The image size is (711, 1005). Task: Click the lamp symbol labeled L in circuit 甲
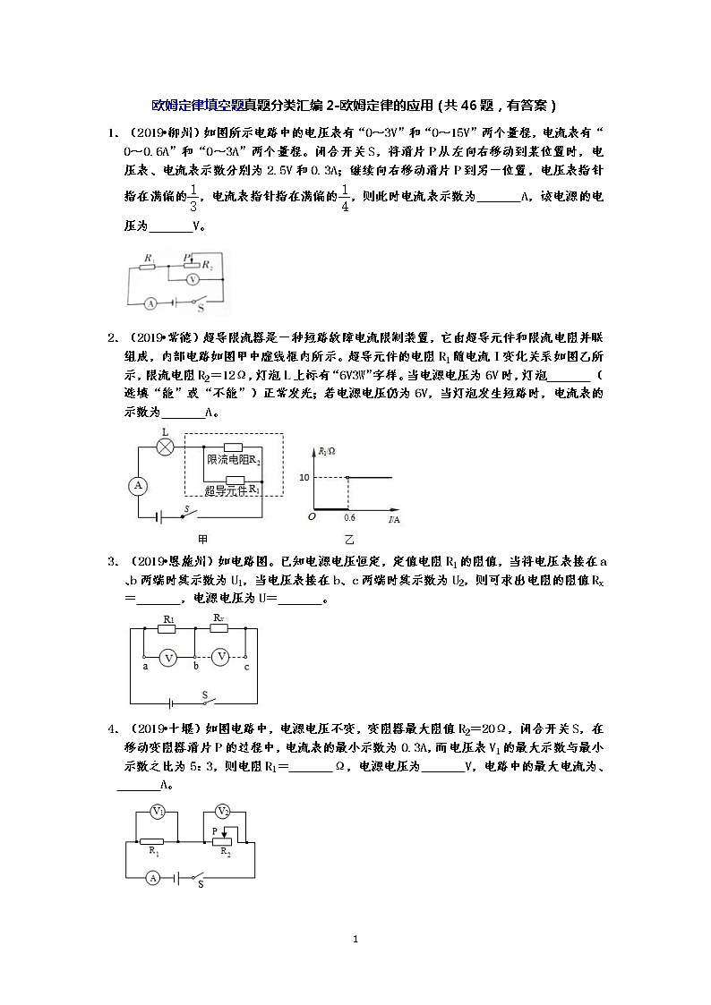pyautogui.click(x=166, y=445)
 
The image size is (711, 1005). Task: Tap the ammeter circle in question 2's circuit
pyautogui.click(x=139, y=485)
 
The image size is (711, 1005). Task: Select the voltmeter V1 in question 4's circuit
pyautogui.click(x=158, y=812)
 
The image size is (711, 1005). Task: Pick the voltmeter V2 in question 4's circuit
pyautogui.click(x=225, y=812)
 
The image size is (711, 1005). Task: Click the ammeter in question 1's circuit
pyautogui.click(x=152, y=303)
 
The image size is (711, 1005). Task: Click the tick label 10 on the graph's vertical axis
pyautogui.click(x=304, y=478)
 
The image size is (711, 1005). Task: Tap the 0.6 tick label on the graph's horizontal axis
pyautogui.click(x=348, y=518)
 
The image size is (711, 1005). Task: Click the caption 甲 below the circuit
pyautogui.click(x=202, y=540)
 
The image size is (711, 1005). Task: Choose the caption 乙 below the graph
pyautogui.click(x=349, y=540)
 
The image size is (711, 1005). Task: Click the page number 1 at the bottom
pyautogui.click(x=355, y=940)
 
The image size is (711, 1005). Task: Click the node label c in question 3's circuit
pyautogui.click(x=246, y=667)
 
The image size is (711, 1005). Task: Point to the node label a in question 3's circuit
pyautogui.click(x=144, y=667)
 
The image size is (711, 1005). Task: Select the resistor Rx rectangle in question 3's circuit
pyautogui.click(x=220, y=628)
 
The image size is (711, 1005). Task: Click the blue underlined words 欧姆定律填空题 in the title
pyautogui.click(x=197, y=105)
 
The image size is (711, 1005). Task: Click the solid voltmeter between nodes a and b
pyautogui.click(x=167, y=658)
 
